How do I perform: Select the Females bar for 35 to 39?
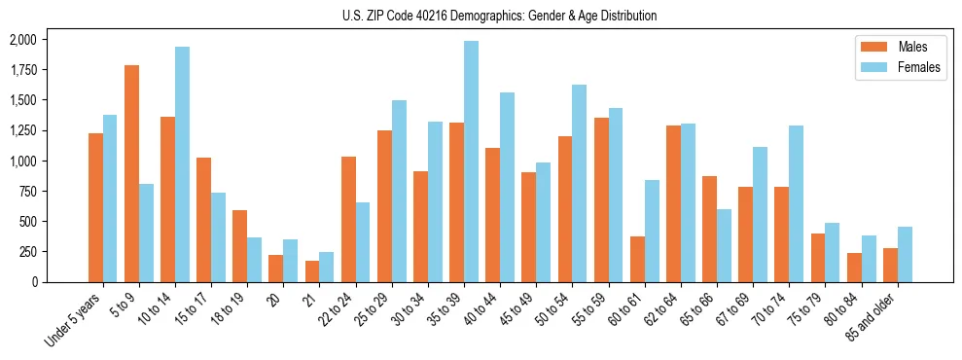[x=471, y=162]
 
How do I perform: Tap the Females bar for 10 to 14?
[x=182, y=164]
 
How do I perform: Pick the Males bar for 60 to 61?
[x=637, y=259]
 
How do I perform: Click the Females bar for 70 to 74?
[x=796, y=203]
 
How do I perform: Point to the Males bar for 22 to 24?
[x=348, y=219]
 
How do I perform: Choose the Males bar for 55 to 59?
[x=601, y=199]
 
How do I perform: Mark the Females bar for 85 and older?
[x=905, y=254]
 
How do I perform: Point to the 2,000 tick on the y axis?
[x=21, y=40]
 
